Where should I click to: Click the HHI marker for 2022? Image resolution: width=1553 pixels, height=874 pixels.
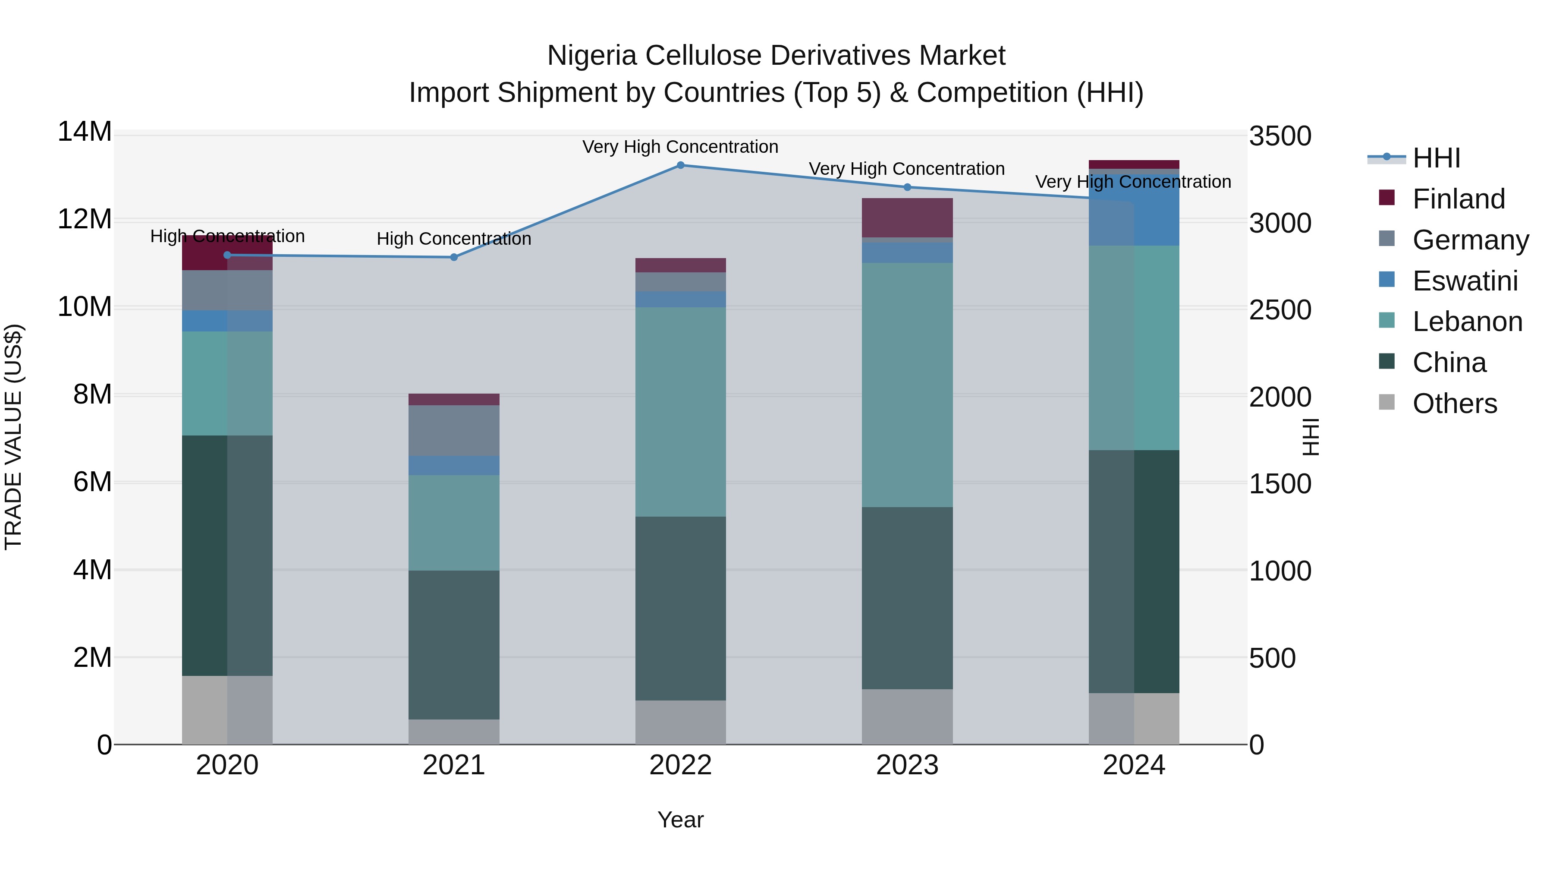(x=681, y=165)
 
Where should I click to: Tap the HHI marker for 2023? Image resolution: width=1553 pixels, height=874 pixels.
(x=907, y=187)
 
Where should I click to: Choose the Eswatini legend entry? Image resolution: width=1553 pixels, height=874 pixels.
(x=1465, y=281)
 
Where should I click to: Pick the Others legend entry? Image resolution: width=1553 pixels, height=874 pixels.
(x=1455, y=404)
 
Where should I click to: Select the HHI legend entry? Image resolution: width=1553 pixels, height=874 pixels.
(x=1436, y=158)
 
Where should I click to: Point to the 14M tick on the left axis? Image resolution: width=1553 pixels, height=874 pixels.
(x=85, y=132)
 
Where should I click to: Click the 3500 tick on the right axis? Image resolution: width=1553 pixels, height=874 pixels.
(x=1280, y=136)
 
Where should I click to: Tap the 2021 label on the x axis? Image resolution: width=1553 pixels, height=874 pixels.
(x=454, y=765)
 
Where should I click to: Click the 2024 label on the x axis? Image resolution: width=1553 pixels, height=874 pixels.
(x=1134, y=765)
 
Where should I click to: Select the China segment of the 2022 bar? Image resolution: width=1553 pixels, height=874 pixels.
(x=681, y=608)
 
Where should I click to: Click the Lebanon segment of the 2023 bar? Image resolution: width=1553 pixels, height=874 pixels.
(x=907, y=385)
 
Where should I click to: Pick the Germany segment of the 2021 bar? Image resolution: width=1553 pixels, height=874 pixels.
(x=454, y=431)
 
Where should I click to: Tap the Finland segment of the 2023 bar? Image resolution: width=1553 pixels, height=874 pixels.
(x=907, y=218)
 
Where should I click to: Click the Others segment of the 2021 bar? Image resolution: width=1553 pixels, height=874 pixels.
(x=454, y=732)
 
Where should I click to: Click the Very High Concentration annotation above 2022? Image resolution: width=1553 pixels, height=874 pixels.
(x=681, y=147)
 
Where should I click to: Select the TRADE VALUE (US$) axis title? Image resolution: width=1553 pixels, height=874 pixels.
(x=13, y=437)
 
